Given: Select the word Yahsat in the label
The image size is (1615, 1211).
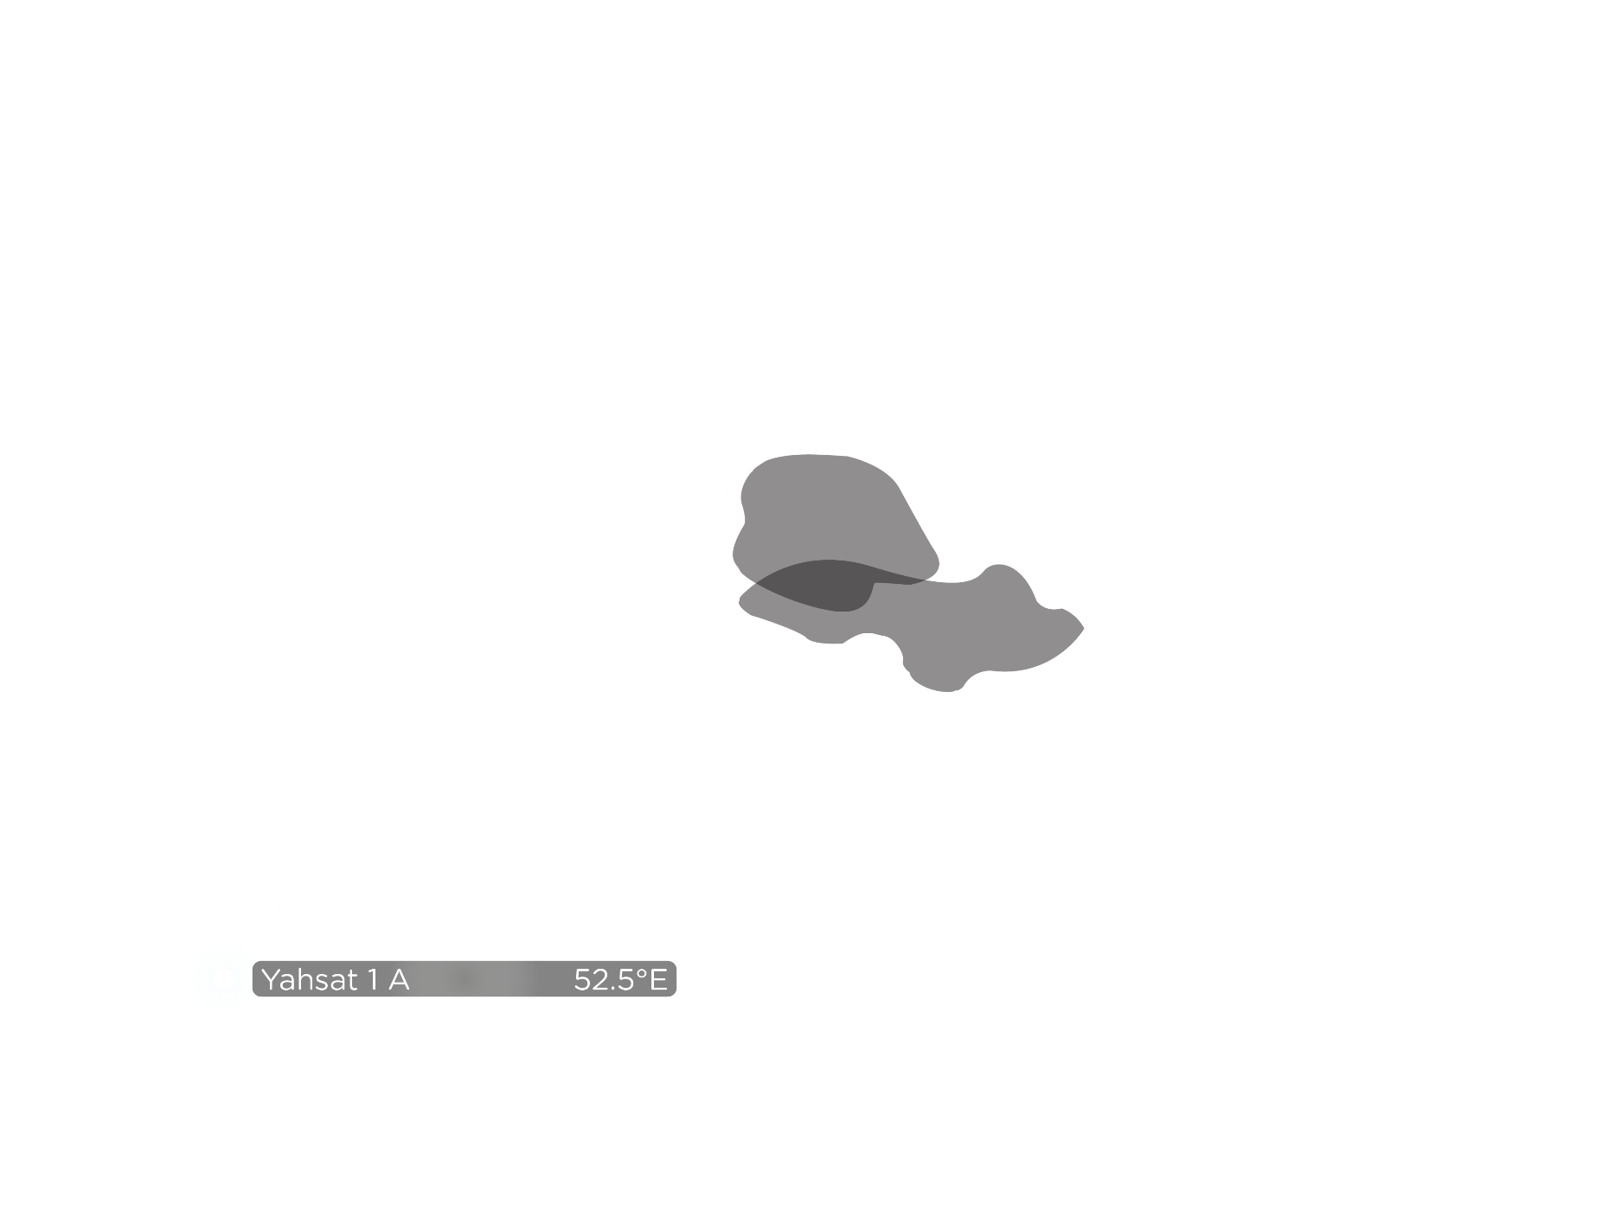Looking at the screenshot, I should [x=308, y=980].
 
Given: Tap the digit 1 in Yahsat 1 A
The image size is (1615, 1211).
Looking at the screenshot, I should [x=373, y=980].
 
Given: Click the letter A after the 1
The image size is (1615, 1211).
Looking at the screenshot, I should [x=399, y=980].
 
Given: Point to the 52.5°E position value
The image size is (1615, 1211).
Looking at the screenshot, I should [x=620, y=980].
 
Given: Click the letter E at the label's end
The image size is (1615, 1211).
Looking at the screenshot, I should [x=658, y=980].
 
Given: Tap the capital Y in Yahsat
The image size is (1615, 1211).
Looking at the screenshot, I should [x=271, y=980].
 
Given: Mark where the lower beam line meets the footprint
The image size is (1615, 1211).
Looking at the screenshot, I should [x=958, y=690].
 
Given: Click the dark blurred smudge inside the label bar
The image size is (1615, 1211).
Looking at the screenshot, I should [x=465, y=979].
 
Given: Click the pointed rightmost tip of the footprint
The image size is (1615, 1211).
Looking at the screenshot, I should [x=1082, y=628].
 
